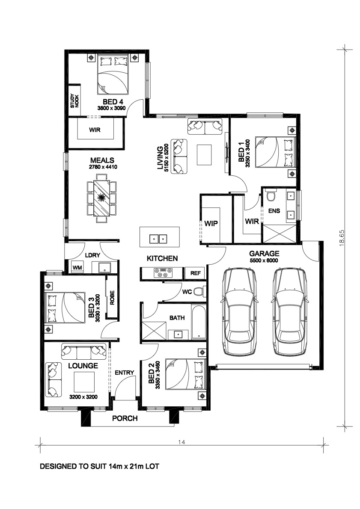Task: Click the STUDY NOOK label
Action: pyautogui.click(x=74, y=101)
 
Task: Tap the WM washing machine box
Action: pyautogui.click(x=77, y=267)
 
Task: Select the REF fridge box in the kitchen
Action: pyautogui.click(x=195, y=273)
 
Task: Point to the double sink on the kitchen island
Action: pyautogui.click(x=158, y=239)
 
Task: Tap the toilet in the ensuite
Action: pyautogui.click(x=271, y=195)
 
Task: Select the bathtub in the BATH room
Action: pyautogui.click(x=199, y=322)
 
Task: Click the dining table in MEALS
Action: pyautogui.click(x=101, y=197)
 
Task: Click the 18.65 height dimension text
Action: pyautogui.click(x=342, y=238)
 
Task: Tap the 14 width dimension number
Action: pyautogui.click(x=181, y=442)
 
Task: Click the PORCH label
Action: pyautogui.click(x=125, y=418)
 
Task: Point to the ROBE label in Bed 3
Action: pyautogui.click(x=112, y=297)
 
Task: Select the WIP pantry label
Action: pyautogui.click(x=211, y=223)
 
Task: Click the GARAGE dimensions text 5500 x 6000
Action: pyautogui.click(x=264, y=260)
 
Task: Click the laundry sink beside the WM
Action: pyautogui.click(x=104, y=268)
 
